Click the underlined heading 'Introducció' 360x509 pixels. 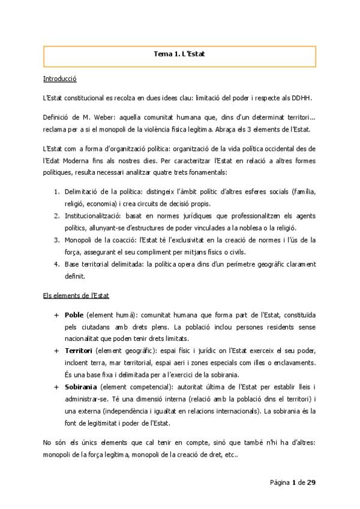[59, 79]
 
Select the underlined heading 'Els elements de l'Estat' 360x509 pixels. [76, 296]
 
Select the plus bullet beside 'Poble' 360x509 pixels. [56, 316]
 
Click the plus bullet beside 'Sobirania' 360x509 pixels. [56, 382]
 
